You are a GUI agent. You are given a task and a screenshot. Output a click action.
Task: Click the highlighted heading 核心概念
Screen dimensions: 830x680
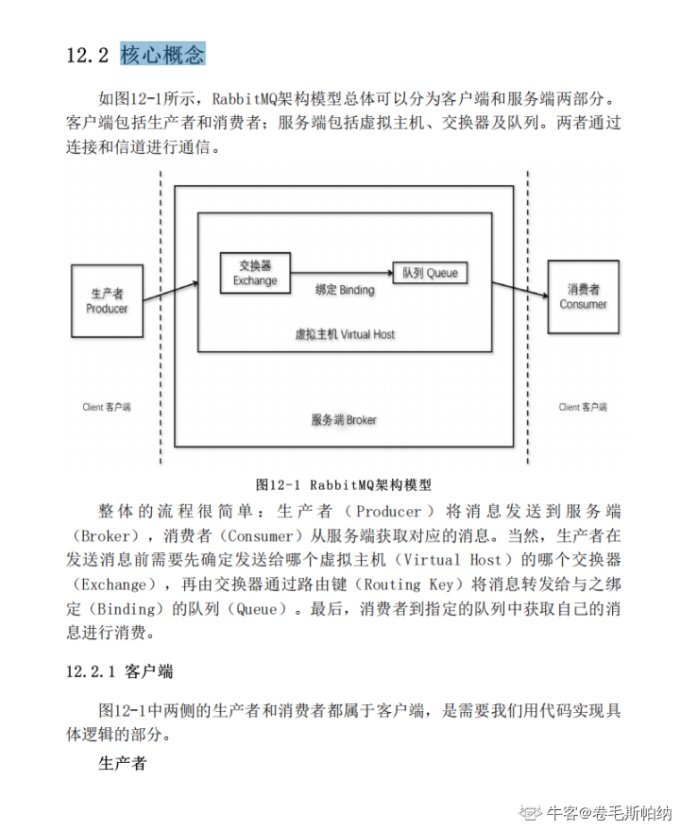coord(162,54)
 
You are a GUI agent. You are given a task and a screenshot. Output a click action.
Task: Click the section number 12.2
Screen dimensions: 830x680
coord(88,55)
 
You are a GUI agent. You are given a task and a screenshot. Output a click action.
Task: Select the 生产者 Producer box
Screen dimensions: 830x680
coord(107,300)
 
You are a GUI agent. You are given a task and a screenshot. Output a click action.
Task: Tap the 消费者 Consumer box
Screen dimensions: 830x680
coord(584,296)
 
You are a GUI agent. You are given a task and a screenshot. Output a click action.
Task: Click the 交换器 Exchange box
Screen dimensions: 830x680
coord(255,273)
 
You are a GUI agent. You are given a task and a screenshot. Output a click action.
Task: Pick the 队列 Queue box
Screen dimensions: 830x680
coord(430,273)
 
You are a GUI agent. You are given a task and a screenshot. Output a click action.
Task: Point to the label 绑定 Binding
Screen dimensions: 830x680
coord(344,290)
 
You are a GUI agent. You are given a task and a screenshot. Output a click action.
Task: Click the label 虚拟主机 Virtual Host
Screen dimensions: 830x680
coord(345,334)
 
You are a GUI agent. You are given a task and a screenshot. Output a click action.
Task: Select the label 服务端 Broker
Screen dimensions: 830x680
coord(344,419)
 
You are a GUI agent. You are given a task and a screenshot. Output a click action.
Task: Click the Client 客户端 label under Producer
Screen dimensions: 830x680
coord(106,407)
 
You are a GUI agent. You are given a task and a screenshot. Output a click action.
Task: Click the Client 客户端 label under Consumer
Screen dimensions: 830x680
coord(583,407)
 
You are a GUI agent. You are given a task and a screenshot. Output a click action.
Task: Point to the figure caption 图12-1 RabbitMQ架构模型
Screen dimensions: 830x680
coord(344,484)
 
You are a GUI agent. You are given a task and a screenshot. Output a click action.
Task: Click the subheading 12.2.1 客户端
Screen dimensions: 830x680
coord(119,671)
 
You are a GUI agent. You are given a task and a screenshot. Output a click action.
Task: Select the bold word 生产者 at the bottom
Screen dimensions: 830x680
coord(123,763)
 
